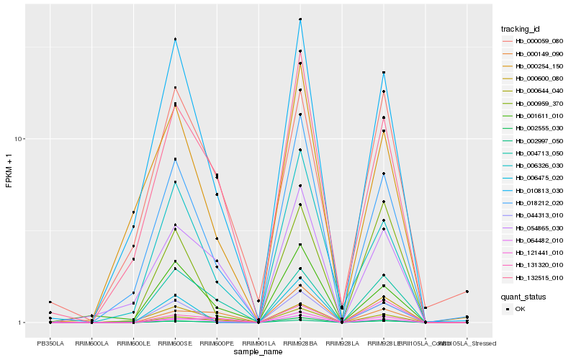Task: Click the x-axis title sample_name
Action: (x=258, y=352)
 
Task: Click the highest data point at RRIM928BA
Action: (x=300, y=19)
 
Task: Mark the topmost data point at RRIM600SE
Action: (x=175, y=39)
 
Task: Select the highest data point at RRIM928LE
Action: (x=384, y=73)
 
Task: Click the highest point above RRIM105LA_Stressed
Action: (x=467, y=292)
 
